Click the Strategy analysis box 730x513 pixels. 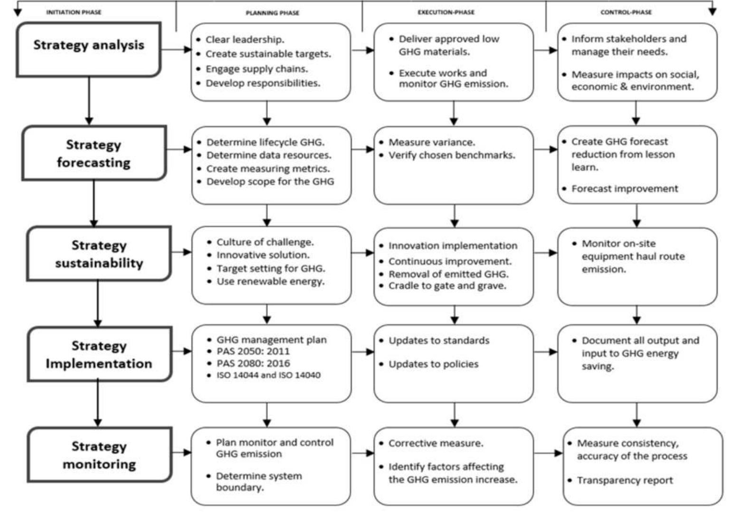[89, 49]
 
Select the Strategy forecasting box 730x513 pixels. [94, 153]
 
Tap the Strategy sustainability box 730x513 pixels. [99, 253]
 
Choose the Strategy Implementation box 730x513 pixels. [99, 354]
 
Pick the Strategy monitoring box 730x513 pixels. [99, 455]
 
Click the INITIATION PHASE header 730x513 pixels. [74, 12]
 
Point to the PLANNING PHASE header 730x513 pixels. [272, 13]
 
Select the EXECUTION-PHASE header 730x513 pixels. [446, 12]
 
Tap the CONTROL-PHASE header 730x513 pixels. [626, 12]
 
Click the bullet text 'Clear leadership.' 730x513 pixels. [245, 39]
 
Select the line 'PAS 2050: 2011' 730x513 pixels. [253, 351]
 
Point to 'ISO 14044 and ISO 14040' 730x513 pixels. [268, 375]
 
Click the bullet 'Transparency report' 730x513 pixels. [625, 480]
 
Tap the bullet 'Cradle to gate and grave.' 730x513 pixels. [447, 286]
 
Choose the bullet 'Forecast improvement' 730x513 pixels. [625, 189]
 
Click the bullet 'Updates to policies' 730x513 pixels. [433, 364]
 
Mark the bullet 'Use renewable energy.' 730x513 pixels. [270, 281]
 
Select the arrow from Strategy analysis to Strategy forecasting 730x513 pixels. [89, 101]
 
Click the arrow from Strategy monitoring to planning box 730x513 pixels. [181, 452]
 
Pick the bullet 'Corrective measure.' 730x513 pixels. [436, 443]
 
